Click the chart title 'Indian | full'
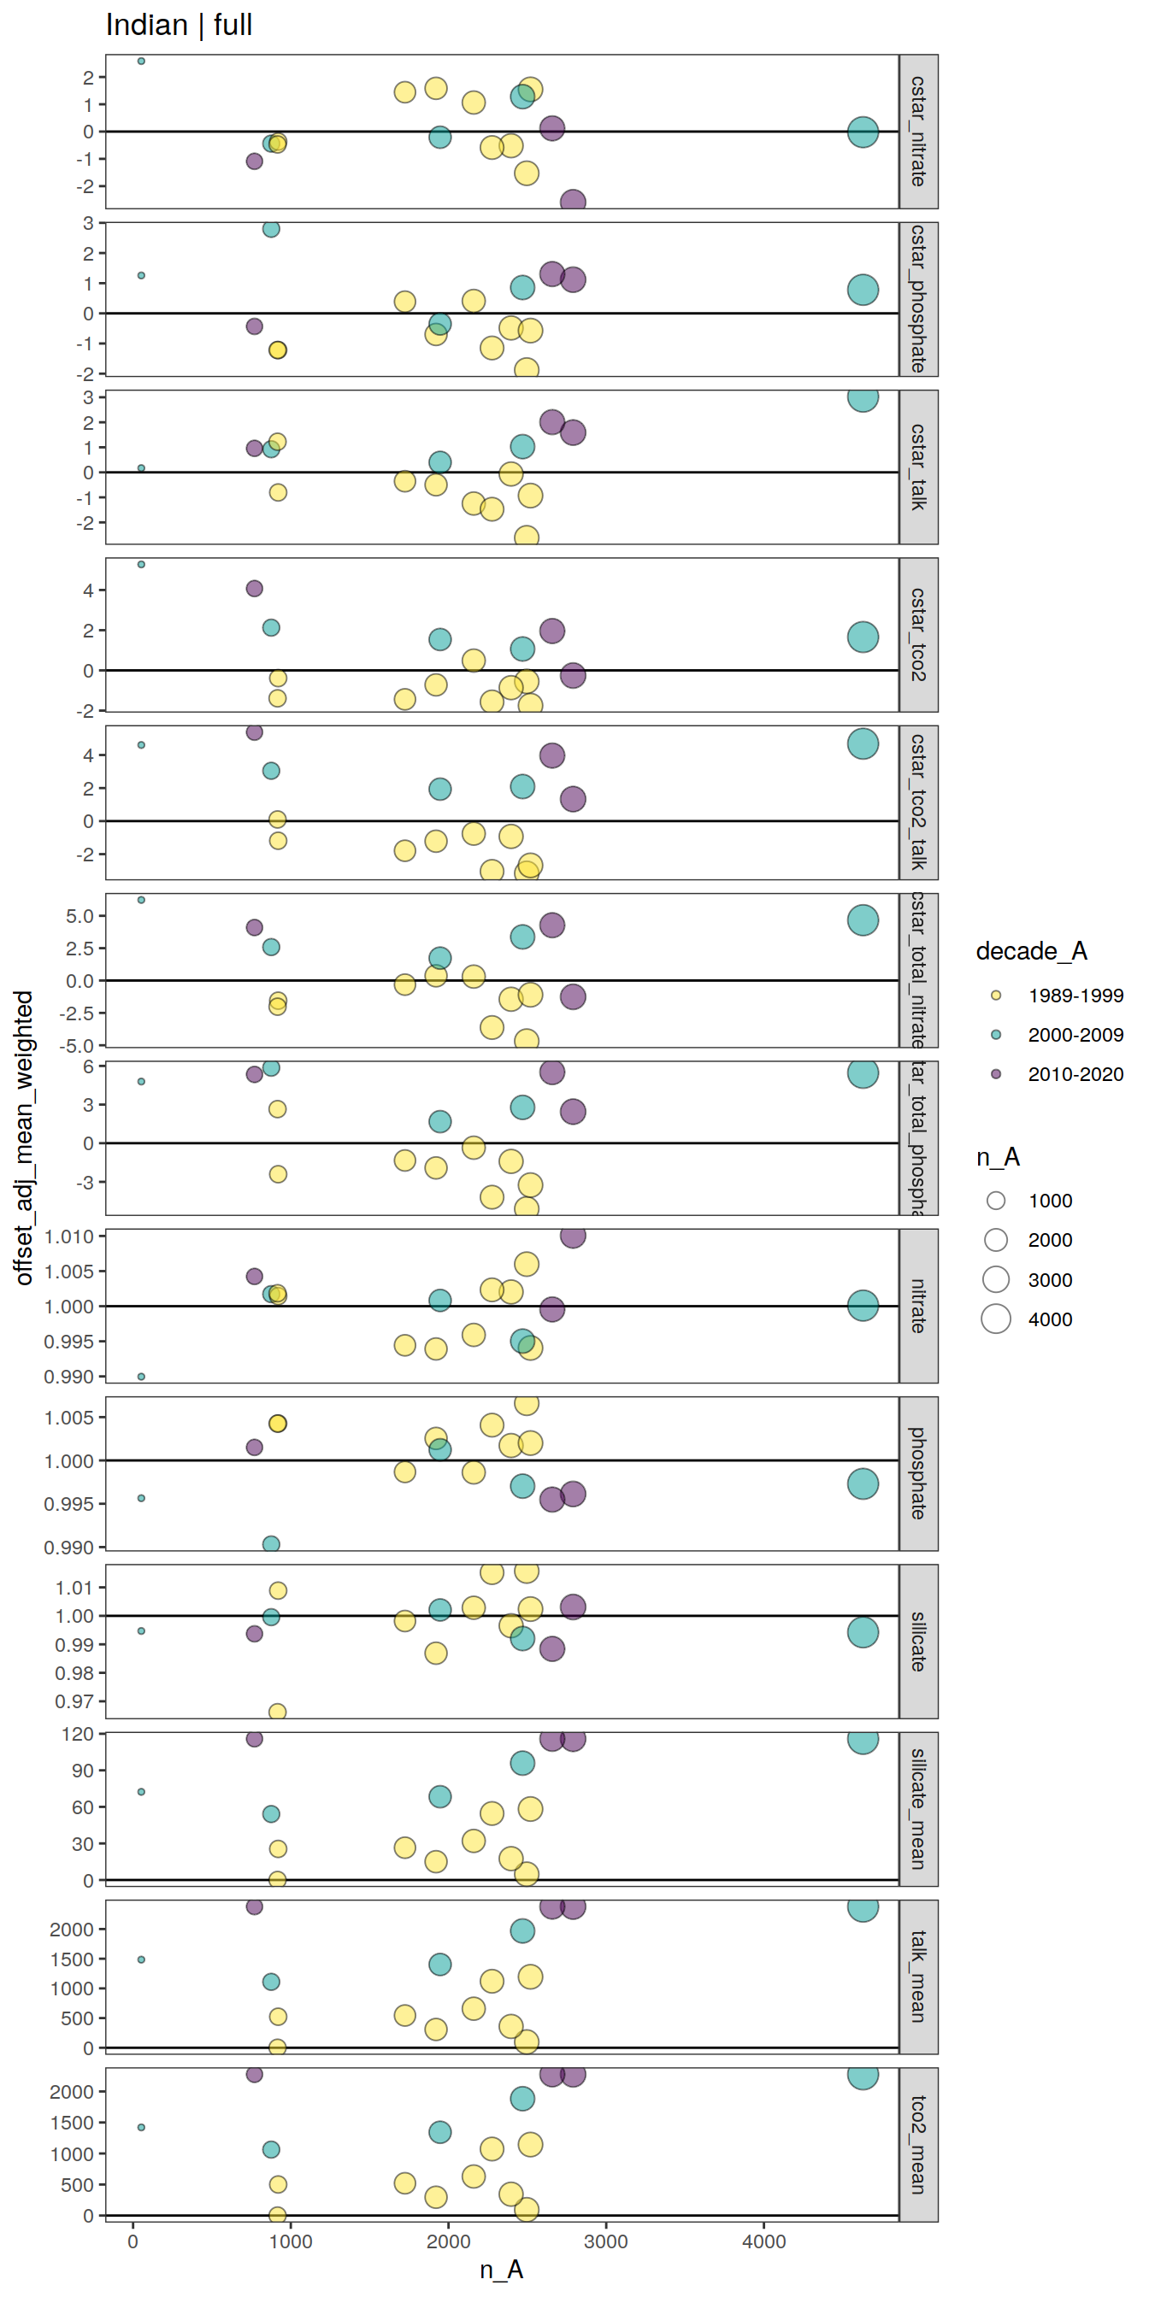coord(179,25)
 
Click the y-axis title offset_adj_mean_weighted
coord(24,1137)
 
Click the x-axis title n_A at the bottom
coord(501,2270)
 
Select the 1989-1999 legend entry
coord(1075,996)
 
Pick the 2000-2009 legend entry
coord(1075,1034)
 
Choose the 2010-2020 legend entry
coord(1075,1074)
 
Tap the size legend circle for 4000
coord(996,1319)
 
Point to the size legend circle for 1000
coord(996,1201)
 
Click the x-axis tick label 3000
coord(606,2241)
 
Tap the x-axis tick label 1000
coord(291,2241)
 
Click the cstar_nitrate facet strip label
coord(918,131)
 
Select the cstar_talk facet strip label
coord(918,467)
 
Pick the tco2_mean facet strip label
coord(918,2145)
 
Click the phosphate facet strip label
coord(918,1473)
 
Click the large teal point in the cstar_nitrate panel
coord(863,132)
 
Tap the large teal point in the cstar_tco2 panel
coord(863,637)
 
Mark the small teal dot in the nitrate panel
coord(141,1377)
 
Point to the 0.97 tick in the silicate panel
coord(74,1701)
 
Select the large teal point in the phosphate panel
coord(863,1483)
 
